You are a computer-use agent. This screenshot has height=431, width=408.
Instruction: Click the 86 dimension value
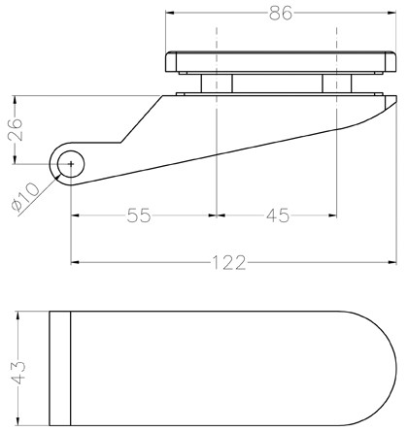coord(281,14)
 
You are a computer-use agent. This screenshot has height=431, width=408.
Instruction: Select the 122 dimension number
coord(228,262)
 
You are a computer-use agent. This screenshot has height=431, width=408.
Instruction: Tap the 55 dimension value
coord(139,215)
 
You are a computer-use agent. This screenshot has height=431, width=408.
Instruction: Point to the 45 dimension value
coord(278,215)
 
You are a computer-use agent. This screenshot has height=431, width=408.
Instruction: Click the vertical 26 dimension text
coord(15,129)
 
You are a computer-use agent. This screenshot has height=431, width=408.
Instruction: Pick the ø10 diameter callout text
coord(25,196)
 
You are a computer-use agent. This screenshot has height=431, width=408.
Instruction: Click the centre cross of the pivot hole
coord(71,164)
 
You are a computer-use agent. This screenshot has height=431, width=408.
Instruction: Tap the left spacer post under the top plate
coord(217,83)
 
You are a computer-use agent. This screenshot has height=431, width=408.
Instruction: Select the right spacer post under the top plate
coord(337,83)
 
